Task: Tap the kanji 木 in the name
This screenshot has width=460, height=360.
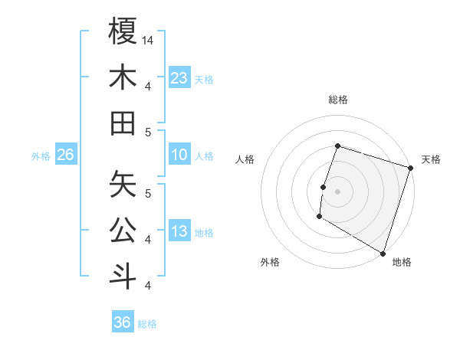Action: click(x=123, y=77)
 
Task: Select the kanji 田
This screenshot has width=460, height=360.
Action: click(x=123, y=122)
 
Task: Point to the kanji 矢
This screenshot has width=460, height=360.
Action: click(x=123, y=182)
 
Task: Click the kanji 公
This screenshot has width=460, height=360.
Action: click(x=123, y=228)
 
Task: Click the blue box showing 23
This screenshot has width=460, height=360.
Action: click(x=179, y=77)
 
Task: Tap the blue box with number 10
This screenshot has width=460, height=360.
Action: click(x=179, y=155)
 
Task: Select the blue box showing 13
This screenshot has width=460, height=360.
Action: click(x=179, y=232)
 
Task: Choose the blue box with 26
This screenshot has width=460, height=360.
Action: click(x=65, y=155)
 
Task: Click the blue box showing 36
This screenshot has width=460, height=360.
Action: click(x=123, y=322)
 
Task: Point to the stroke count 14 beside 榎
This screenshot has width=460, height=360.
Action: click(x=148, y=40)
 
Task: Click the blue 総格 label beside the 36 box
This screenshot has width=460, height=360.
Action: click(x=147, y=324)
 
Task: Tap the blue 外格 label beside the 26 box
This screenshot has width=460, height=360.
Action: click(x=41, y=156)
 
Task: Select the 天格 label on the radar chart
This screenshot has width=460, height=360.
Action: click(x=431, y=159)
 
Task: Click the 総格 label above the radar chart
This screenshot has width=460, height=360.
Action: click(x=337, y=100)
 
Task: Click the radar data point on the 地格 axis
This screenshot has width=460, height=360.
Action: click(x=383, y=253)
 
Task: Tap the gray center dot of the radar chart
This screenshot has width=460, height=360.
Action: click(x=337, y=191)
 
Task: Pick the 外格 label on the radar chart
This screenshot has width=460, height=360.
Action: click(x=270, y=262)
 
